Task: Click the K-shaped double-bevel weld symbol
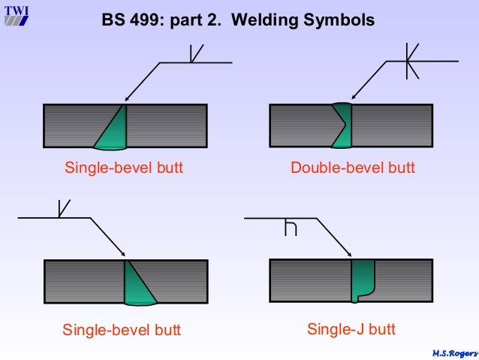click(x=408, y=61)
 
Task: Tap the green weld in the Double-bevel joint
click(x=342, y=125)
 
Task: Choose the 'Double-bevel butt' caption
click(x=352, y=168)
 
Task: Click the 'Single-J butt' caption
click(x=351, y=329)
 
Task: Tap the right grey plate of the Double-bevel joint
click(x=391, y=126)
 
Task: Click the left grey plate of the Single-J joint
click(x=309, y=280)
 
